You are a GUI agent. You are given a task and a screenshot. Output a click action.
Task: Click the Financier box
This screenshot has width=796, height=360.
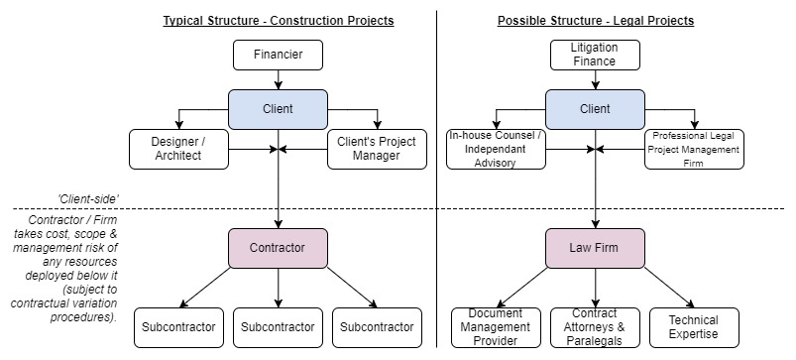(x=278, y=55)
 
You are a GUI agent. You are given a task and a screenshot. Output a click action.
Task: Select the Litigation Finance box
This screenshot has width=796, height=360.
(x=594, y=55)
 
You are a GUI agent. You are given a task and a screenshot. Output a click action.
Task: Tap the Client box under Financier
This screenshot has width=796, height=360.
(x=278, y=108)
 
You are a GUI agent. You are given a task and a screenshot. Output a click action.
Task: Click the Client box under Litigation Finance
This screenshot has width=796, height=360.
(x=594, y=108)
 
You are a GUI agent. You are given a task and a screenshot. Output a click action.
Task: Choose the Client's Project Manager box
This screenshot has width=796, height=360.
(x=378, y=149)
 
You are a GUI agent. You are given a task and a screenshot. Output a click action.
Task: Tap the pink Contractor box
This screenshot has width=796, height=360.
(x=278, y=247)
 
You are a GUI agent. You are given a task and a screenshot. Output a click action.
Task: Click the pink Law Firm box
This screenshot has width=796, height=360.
(x=594, y=247)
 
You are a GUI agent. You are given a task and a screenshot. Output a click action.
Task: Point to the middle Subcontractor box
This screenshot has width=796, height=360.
(x=278, y=327)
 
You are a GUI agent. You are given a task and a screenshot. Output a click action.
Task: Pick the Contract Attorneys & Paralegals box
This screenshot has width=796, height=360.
(x=594, y=327)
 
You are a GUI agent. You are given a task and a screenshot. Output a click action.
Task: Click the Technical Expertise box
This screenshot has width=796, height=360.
(x=694, y=327)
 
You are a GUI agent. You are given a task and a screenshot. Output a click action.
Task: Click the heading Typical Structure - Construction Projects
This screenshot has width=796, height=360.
(x=278, y=20)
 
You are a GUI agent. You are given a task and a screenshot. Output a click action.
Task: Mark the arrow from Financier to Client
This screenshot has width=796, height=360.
(x=278, y=79)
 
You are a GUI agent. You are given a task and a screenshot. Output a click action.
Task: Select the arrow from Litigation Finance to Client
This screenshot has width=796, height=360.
(x=594, y=79)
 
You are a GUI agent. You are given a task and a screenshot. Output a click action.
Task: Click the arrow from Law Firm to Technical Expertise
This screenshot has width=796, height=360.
(x=644, y=288)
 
